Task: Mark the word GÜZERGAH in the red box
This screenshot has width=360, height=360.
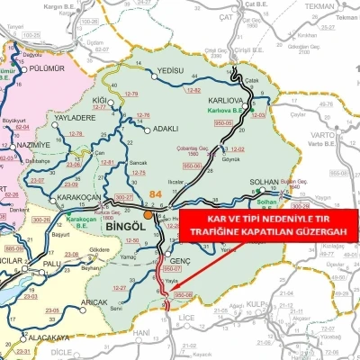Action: (308, 232)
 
